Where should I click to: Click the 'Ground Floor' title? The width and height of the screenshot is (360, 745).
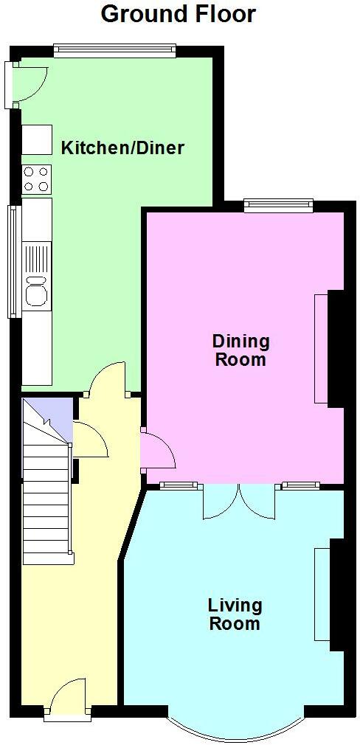coord(179,13)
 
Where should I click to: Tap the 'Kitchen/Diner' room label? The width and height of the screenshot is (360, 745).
coord(122,148)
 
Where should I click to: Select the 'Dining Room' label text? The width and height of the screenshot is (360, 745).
coord(240,350)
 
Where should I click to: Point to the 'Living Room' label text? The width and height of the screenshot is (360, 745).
coord(235,614)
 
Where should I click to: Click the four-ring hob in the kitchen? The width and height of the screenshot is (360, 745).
coord(36,178)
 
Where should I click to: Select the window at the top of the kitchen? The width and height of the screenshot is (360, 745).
coord(114,51)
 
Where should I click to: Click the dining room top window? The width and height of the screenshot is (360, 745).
coord(279,206)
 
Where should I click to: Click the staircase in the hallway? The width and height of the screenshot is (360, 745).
coord(47,502)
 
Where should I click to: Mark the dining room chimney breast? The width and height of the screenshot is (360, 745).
coord(336,348)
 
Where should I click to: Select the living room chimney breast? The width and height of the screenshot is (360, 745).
coord(337,595)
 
